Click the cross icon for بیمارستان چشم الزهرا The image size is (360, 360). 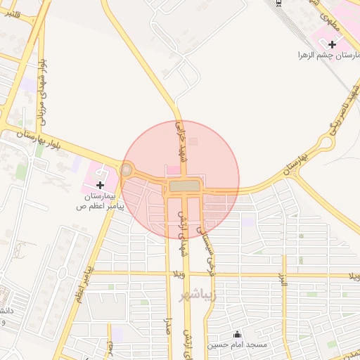tap(332, 44)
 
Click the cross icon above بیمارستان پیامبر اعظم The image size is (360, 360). tap(100, 184)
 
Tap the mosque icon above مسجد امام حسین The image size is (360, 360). tap(236, 335)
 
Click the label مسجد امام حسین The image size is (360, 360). tap(236, 345)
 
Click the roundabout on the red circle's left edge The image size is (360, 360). tap(127, 169)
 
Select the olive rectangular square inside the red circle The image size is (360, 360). tap(184, 186)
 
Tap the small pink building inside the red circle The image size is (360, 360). tap(172, 169)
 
